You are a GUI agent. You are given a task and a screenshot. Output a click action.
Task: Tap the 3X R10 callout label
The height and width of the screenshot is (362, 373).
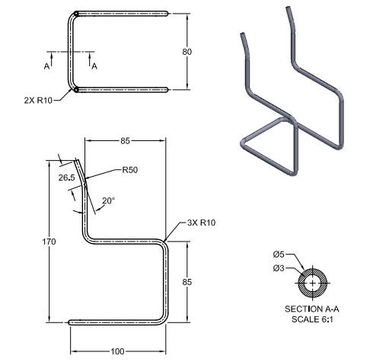[x=201, y=223]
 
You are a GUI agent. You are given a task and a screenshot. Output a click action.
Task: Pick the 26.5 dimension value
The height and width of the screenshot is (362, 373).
[x=66, y=177]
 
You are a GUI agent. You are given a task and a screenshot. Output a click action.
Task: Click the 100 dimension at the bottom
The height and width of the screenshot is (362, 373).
[x=116, y=351]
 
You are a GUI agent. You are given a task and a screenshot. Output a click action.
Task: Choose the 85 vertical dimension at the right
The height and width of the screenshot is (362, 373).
[x=198, y=281]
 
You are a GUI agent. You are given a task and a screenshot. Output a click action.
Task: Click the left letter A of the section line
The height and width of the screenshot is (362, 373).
[x=46, y=66]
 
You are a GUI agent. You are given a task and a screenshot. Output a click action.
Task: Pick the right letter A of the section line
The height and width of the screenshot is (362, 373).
[x=94, y=66]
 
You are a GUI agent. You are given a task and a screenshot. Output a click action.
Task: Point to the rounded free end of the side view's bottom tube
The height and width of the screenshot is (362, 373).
[x=71, y=322]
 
